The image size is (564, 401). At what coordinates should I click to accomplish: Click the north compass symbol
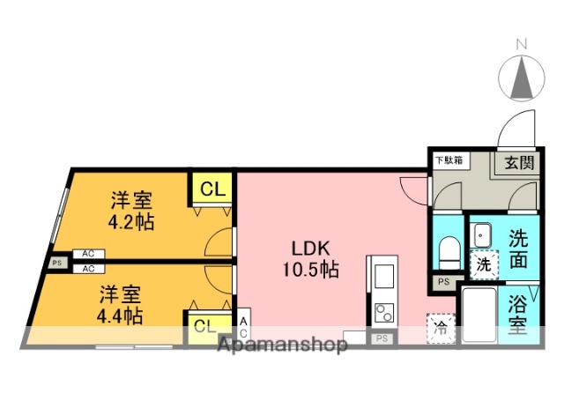coord(521,75)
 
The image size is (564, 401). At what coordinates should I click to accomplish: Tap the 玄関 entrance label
coord(519,162)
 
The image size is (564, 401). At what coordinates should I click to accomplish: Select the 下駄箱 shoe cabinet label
coord(450,160)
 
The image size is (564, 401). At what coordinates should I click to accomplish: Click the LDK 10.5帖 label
coord(310,257)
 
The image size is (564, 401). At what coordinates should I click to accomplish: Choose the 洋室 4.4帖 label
coord(121,303)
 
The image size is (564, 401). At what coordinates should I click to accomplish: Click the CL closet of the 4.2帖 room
coord(212,188)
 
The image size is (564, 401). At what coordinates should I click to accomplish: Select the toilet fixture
coord(448,250)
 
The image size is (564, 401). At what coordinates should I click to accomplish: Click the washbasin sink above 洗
coord(483,234)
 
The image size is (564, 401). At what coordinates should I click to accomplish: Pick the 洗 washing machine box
coord(483,263)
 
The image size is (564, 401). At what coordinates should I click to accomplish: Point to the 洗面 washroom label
coord(519,248)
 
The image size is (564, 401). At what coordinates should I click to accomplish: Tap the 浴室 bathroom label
coord(517,315)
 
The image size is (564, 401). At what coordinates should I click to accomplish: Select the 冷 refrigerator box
coord(440,328)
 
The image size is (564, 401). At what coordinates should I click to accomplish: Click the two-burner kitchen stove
coord(384,313)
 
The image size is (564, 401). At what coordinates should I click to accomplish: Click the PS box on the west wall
coord(57,262)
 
